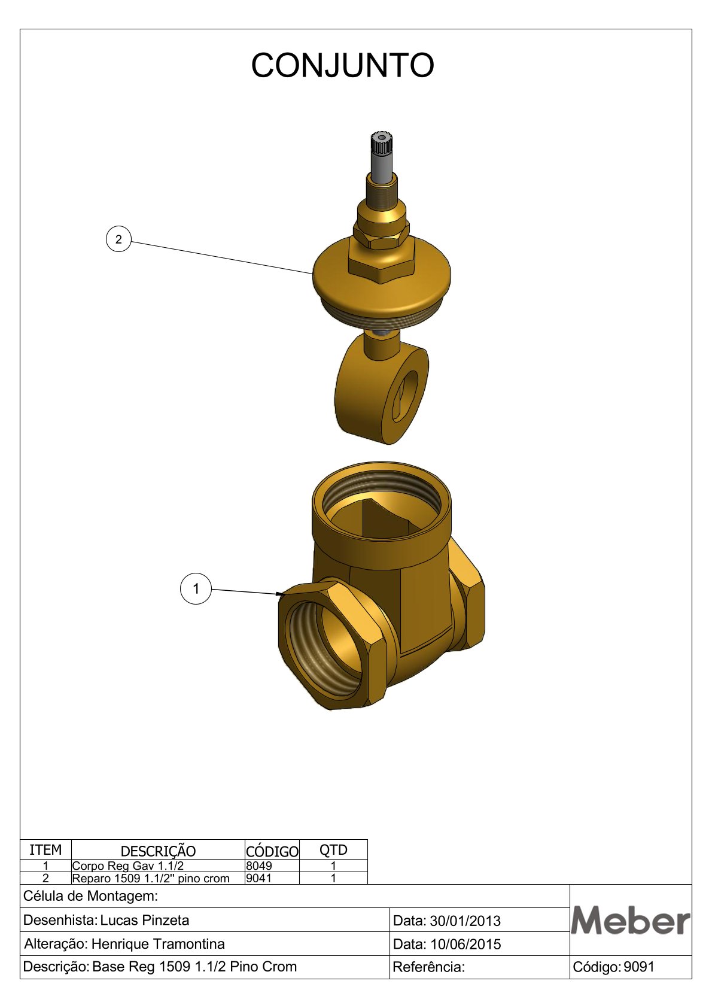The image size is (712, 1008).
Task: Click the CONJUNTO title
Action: tap(342, 65)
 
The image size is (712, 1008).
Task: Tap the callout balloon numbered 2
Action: tap(118, 239)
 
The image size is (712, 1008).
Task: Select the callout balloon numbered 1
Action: tap(196, 588)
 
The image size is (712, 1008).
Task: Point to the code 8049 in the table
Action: tap(258, 866)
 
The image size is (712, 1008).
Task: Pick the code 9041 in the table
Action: tap(258, 878)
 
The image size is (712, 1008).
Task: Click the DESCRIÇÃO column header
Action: tap(158, 851)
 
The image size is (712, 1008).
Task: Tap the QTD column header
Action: tap(333, 850)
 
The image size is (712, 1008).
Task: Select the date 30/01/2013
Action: tap(465, 921)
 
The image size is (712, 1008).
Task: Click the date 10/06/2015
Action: tap(465, 944)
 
